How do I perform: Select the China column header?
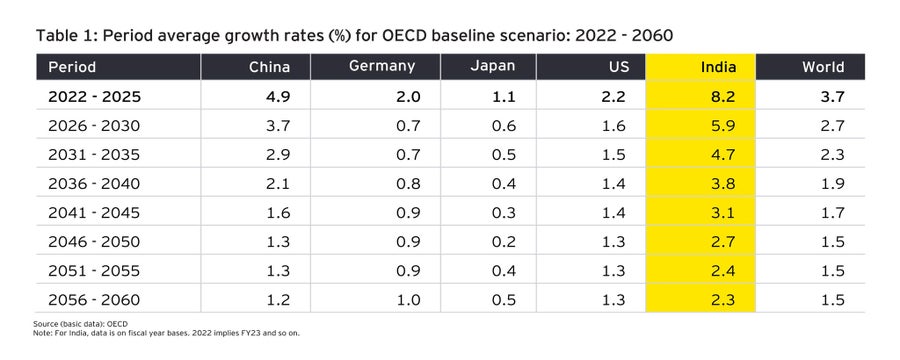(269, 67)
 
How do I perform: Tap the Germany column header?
(383, 67)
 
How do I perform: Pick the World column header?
(823, 67)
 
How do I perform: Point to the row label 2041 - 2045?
(89, 212)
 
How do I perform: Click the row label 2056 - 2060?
(89, 299)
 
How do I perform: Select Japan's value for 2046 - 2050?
(509, 241)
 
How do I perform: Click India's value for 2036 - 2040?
(723, 183)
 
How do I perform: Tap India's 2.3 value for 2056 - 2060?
(723, 299)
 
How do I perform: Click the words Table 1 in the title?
(65, 36)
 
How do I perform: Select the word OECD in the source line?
(117, 325)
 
